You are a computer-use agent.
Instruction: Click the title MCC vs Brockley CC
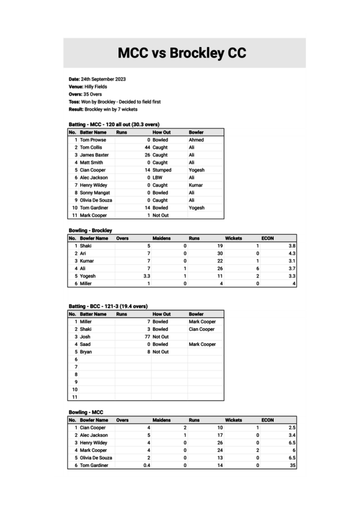click(x=182, y=53)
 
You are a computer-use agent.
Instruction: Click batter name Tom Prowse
click(x=93, y=140)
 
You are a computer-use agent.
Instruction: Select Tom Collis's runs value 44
click(x=147, y=147)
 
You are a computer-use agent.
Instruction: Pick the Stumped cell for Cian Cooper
click(x=162, y=170)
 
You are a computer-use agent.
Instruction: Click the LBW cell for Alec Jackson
click(x=157, y=177)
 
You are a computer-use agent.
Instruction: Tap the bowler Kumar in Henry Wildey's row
click(x=196, y=185)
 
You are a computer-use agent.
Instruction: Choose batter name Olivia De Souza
click(x=96, y=200)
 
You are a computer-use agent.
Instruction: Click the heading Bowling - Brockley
click(x=90, y=230)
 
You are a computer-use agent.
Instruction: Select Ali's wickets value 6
click(x=257, y=268)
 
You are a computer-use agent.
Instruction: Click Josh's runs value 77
click(x=147, y=337)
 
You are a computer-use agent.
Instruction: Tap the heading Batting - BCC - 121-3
click(x=108, y=306)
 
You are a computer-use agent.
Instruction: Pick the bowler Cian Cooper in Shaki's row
click(x=202, y=329)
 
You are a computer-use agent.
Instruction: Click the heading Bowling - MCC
click(x=86, y=412)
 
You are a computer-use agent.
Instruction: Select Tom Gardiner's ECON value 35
click(x=293, y=465)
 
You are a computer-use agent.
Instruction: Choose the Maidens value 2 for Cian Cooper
click(x=185, y=427)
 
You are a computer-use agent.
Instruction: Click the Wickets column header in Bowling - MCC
click(x=233, y=420)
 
